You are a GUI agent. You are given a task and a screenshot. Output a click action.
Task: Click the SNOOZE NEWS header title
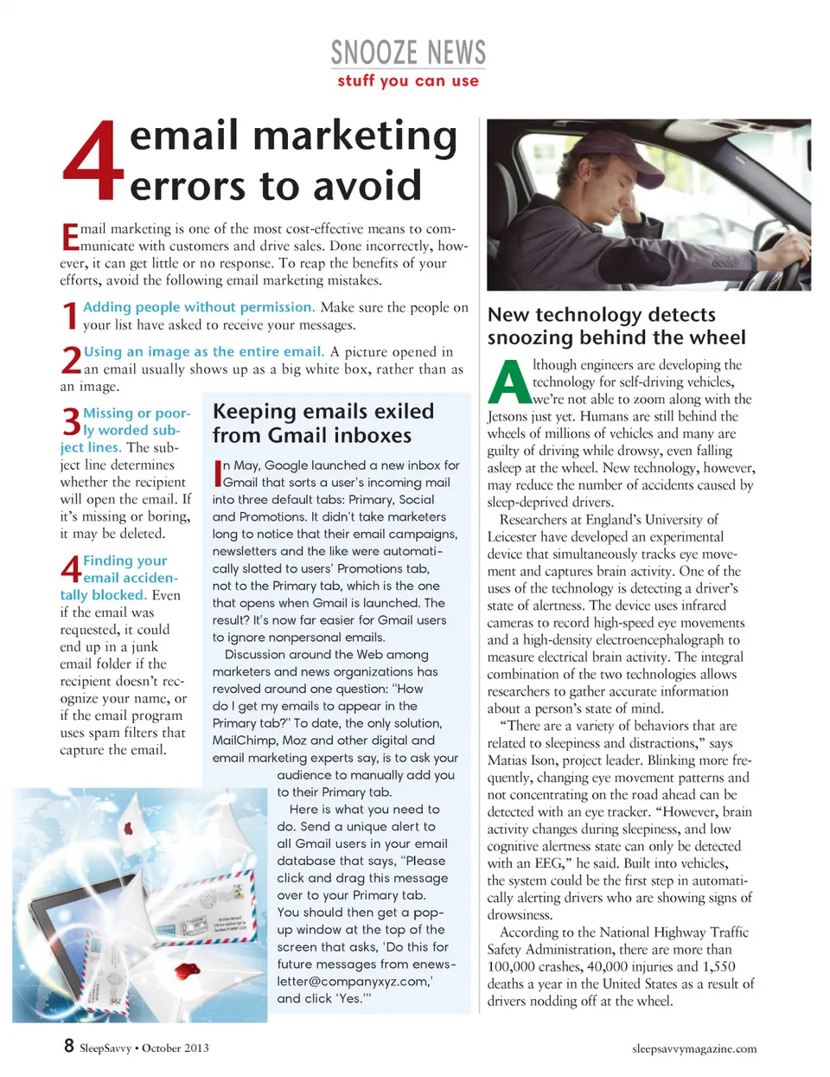(x=408, y=53)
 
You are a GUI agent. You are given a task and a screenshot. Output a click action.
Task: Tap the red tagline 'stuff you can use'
(x=408, y=81)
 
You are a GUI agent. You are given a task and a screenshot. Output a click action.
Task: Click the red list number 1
(x=70, y=316)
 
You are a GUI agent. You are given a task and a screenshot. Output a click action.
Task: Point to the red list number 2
(x=71, y=360)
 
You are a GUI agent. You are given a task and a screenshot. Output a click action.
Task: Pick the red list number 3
(x=71, y=421)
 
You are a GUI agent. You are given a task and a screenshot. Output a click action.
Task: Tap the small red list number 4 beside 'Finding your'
(x=71, y=569)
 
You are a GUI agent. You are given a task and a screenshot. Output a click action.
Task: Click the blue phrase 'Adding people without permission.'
(x=198, y=307)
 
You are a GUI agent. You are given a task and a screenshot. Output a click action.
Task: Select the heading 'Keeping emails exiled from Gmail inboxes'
(x=323, y=423)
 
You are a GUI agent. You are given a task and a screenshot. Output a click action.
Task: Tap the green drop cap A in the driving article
(x=508, y=381)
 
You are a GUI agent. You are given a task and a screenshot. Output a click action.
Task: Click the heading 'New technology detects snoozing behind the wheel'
(x=616, y=326)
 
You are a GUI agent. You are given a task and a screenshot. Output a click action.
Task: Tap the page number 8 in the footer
(x=69, y=1045)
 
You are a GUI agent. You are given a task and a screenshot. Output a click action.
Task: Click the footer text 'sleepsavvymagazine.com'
(x=693, y=1048)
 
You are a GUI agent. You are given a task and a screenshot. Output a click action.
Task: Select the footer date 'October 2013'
(x=176, y=1048)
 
